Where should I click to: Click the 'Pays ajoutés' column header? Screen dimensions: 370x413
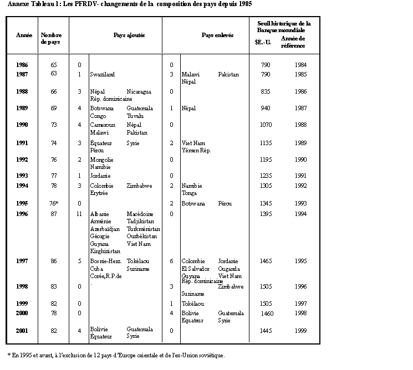point(129,35)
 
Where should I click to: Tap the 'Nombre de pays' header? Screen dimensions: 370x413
point(50,38)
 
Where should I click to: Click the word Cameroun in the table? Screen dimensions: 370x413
point(103,125)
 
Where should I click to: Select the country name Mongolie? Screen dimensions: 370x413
point(102,160)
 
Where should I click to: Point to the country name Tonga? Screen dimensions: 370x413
point(189,193)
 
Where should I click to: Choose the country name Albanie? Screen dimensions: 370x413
point(100,213)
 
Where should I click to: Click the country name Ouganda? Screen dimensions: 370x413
point(230,269)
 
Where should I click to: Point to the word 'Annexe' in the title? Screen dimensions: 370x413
point(19,4)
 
